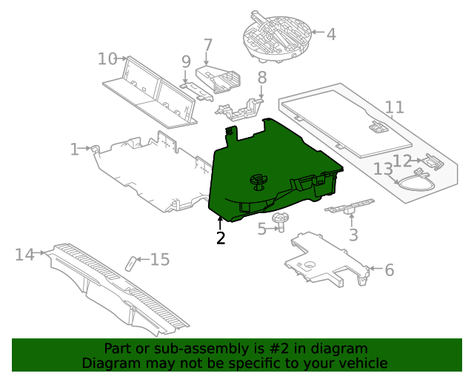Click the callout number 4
[x=330, y=34]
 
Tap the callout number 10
[x=107, y=58]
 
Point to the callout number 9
[x=186, y=61]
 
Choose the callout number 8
[x=261, y=77]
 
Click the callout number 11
[x=395, y=107]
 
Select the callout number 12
[x=402, y=161]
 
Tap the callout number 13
[x=383, y=170]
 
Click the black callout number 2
[x=220, y=238]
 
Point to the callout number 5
[x=261, y=229]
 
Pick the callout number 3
[x=353, y=235]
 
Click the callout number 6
[x=389, y=270]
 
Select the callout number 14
[x=25, y=255]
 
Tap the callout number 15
[x=160, y=260]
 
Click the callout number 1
[x=74, y=150]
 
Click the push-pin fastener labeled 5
[x=281, y=221]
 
